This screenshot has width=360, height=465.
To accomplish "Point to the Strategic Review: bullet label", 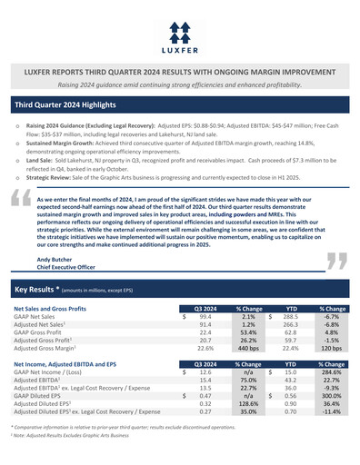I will pyautogui.click(x=49, y=177).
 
